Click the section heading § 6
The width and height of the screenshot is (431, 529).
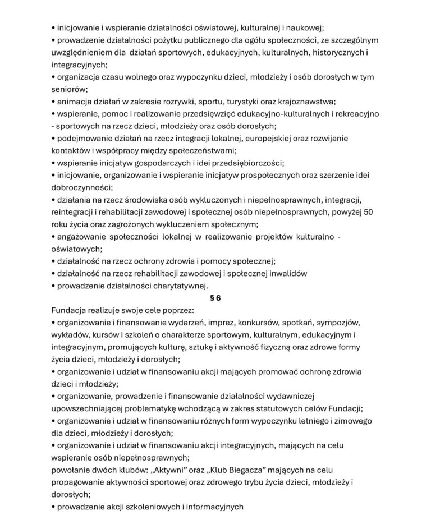pos(215,298)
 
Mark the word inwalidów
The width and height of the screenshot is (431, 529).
pos(287,273)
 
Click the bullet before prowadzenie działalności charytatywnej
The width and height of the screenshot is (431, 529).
pos(53,286)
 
